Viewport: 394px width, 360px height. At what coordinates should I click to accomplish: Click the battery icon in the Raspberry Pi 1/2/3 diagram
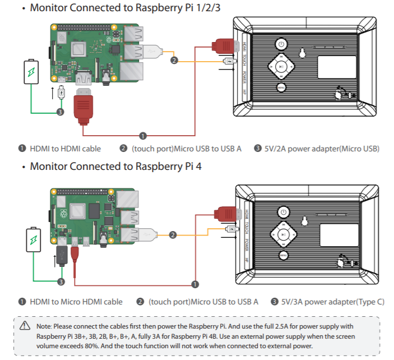(x=31, y=72)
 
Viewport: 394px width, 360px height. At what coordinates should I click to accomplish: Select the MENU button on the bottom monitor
(x=284, y=256)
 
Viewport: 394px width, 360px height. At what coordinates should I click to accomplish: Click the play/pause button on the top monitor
(x=281, y=66)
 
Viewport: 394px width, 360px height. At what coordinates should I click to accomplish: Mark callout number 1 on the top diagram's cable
(x=143, y=136)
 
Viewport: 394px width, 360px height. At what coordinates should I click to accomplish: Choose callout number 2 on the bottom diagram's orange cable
(x=173, y=234)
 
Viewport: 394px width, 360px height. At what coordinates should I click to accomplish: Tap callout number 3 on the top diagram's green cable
(x=61, y=112)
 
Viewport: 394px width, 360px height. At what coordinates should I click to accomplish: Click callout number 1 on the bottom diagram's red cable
(x=194, y=284)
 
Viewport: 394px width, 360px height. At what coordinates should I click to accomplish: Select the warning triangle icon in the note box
(x=25, y=326)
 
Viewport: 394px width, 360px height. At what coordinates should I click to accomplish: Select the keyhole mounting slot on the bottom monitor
(x=305, y=221)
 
